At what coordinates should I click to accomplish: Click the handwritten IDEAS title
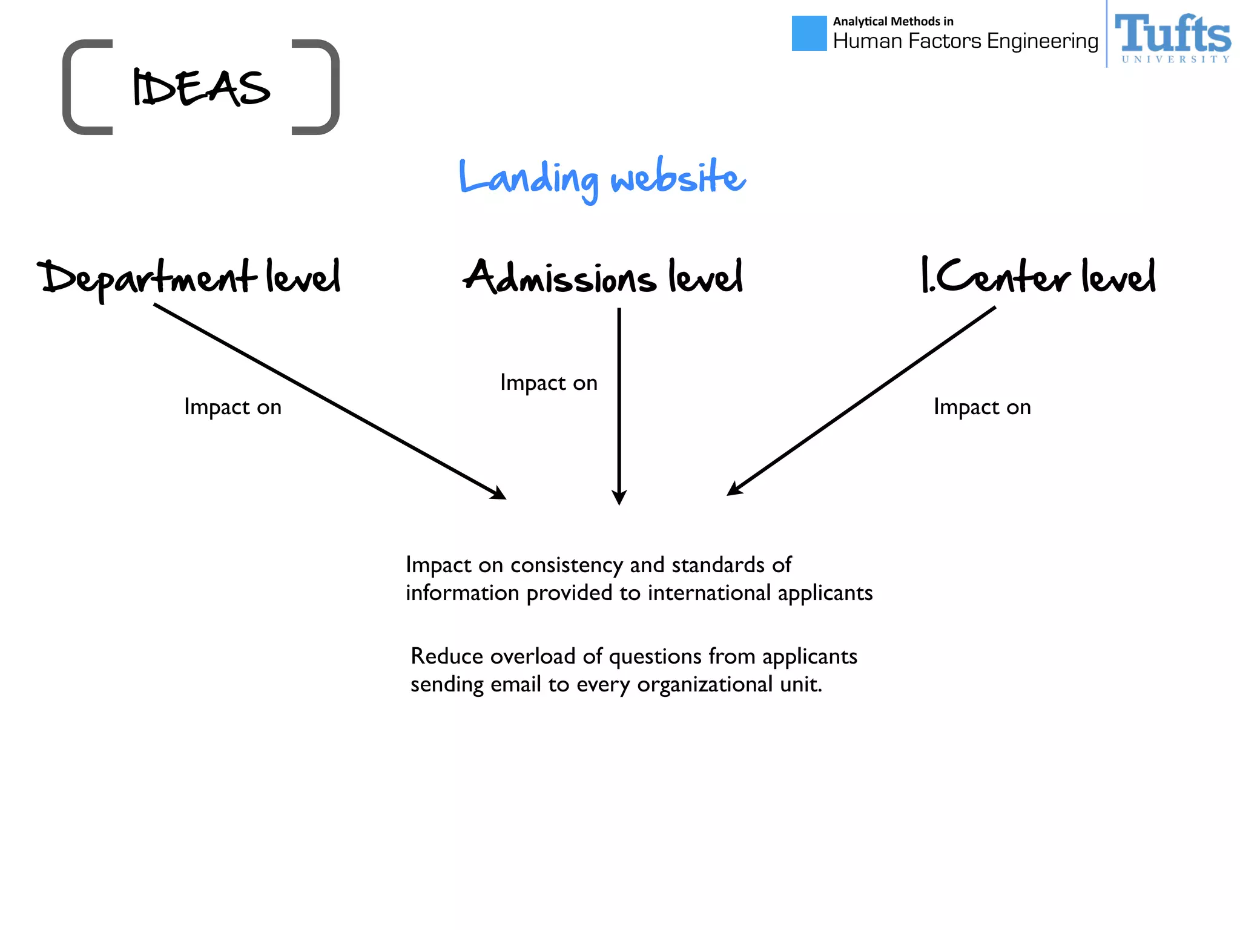(x=201, y=88)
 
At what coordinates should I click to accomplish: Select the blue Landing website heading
(x=602, y=178)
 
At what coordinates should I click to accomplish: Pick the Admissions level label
(x=603, y=277)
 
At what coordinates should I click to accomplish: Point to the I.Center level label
(x=1038, y=276)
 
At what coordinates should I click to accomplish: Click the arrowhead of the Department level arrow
(x=500, y=494)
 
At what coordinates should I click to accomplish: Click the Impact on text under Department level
(x=232, y=407)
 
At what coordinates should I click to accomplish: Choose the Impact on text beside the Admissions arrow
(x=549, y=383)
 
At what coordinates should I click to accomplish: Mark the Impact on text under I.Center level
(x=982, y=407)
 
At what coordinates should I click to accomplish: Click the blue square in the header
(x=809, y=33)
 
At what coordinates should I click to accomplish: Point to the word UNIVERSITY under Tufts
(x=1175, y=59)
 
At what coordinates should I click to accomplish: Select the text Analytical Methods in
(x=893, y=22)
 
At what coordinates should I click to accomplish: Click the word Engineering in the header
(x=1042, y=41)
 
